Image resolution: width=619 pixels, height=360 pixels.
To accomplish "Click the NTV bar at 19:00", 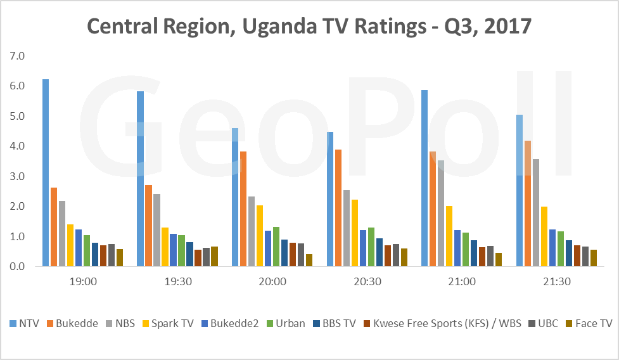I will (46, 172).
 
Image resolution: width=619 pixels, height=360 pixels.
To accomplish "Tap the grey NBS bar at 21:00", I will (441, 214).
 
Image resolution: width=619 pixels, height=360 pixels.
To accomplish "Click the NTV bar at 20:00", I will (235, 197).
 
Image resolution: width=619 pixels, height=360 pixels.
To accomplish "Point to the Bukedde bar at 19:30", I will (148, 226).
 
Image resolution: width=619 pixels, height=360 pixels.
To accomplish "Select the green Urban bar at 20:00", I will (276, 247).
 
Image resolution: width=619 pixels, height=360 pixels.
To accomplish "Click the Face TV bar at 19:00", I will (120, 258).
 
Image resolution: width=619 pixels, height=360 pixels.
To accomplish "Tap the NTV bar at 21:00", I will (424, 178).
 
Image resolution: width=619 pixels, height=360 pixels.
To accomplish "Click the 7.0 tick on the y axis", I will (16, 56).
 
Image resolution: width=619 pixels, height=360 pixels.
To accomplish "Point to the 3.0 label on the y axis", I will (16, 177).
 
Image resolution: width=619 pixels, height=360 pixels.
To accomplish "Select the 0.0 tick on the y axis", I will (16, 267).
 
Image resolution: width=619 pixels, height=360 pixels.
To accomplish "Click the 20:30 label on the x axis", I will (367, 281).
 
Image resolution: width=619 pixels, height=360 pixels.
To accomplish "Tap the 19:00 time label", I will (83, 281).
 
